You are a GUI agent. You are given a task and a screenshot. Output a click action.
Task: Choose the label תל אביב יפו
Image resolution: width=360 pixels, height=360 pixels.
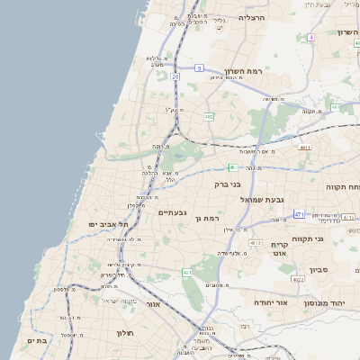coord(109,223)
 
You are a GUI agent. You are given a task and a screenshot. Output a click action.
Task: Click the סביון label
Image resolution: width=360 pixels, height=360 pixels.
coord(319,270)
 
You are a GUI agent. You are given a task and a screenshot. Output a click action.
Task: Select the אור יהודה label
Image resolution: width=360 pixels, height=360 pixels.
coord(270,303)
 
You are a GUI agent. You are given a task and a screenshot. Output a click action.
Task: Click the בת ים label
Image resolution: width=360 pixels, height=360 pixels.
coord(37,341)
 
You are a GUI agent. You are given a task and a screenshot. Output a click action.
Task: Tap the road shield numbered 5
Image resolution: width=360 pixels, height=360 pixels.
coord(200,67)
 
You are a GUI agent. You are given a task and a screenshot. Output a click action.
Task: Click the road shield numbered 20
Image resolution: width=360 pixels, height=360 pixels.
coord(175,77)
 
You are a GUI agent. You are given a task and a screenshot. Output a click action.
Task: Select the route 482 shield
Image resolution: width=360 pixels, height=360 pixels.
coord(209,116)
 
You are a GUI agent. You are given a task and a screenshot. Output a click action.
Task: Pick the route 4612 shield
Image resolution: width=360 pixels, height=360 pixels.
coord(256,243)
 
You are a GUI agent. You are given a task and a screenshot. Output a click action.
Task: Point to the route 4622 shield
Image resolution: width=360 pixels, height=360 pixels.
coord(299,280)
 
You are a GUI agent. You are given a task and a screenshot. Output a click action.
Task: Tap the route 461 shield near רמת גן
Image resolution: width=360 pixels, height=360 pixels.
coord(187,272)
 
